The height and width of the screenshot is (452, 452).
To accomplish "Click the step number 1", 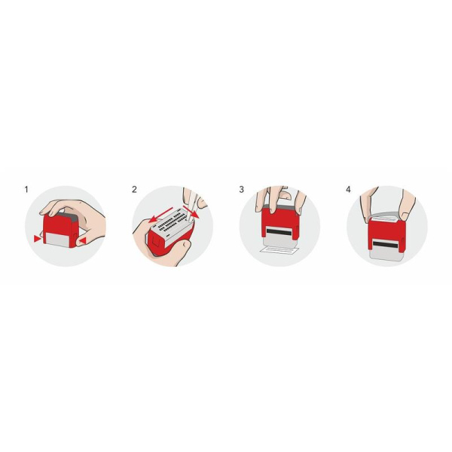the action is [26, 190].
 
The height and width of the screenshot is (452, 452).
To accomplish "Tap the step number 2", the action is [134, 190].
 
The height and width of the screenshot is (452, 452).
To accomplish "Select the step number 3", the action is [242, 190].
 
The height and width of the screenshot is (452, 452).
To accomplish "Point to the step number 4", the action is [349, 190].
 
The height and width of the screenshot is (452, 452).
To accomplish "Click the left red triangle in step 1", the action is [37, 239].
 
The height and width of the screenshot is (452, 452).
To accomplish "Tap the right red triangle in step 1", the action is [83, 241].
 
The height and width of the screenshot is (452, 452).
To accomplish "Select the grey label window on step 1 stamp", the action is [58, 240].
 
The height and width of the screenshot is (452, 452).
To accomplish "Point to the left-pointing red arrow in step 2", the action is [160, 215].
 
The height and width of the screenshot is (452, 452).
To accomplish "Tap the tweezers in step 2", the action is [191, 205].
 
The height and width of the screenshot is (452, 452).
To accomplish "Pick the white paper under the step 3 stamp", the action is [280, 250].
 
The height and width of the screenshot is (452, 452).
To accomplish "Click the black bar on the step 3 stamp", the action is [279, 231].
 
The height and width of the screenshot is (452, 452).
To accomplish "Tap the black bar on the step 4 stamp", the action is [386, 244].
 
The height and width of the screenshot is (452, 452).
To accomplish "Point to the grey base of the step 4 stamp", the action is [386, 252].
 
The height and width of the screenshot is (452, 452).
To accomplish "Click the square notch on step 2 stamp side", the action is [155, 241].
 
